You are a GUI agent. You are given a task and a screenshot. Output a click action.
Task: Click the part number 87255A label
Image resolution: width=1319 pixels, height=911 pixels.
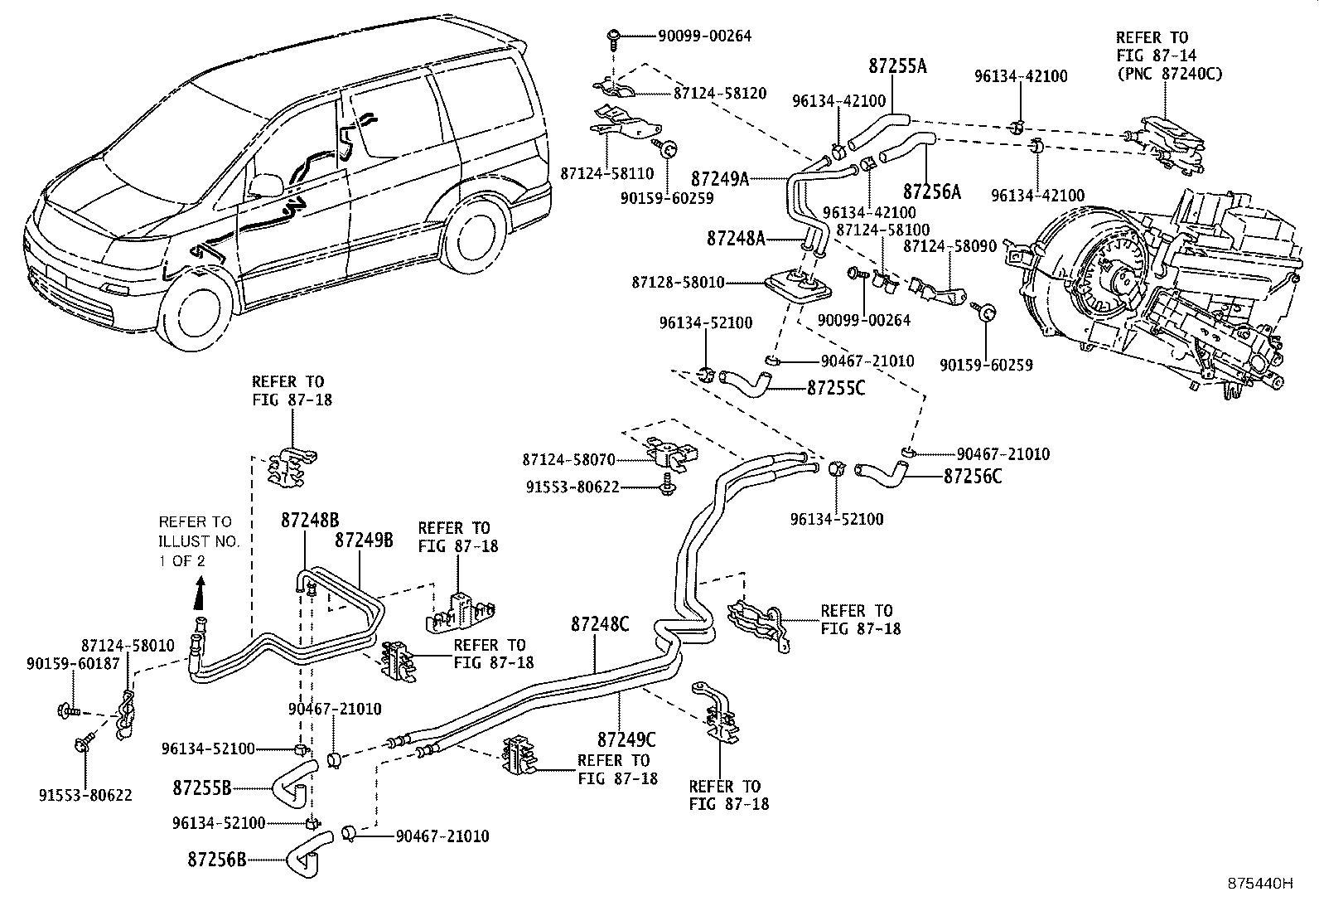[897, 65]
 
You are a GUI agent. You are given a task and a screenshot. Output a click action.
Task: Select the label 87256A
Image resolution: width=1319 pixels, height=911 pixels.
[931, 192]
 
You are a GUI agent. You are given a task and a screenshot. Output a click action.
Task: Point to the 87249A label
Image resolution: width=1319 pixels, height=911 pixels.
[720, 178]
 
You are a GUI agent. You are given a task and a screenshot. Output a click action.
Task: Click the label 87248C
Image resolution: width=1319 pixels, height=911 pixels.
[599, 624]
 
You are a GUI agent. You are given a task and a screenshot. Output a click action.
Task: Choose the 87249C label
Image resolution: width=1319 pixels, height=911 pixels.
[626, 739]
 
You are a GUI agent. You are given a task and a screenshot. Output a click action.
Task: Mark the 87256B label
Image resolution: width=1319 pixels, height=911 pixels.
[216, 860]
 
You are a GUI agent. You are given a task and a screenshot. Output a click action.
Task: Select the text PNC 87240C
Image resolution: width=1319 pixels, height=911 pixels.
[1170, 74]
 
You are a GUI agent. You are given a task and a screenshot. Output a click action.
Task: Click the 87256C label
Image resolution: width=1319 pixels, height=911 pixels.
[973, 477]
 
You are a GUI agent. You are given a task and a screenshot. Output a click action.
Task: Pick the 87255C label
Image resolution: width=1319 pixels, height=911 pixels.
[836, 388]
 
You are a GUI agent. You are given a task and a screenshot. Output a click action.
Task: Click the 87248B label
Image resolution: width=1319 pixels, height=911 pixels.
[310, 520]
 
